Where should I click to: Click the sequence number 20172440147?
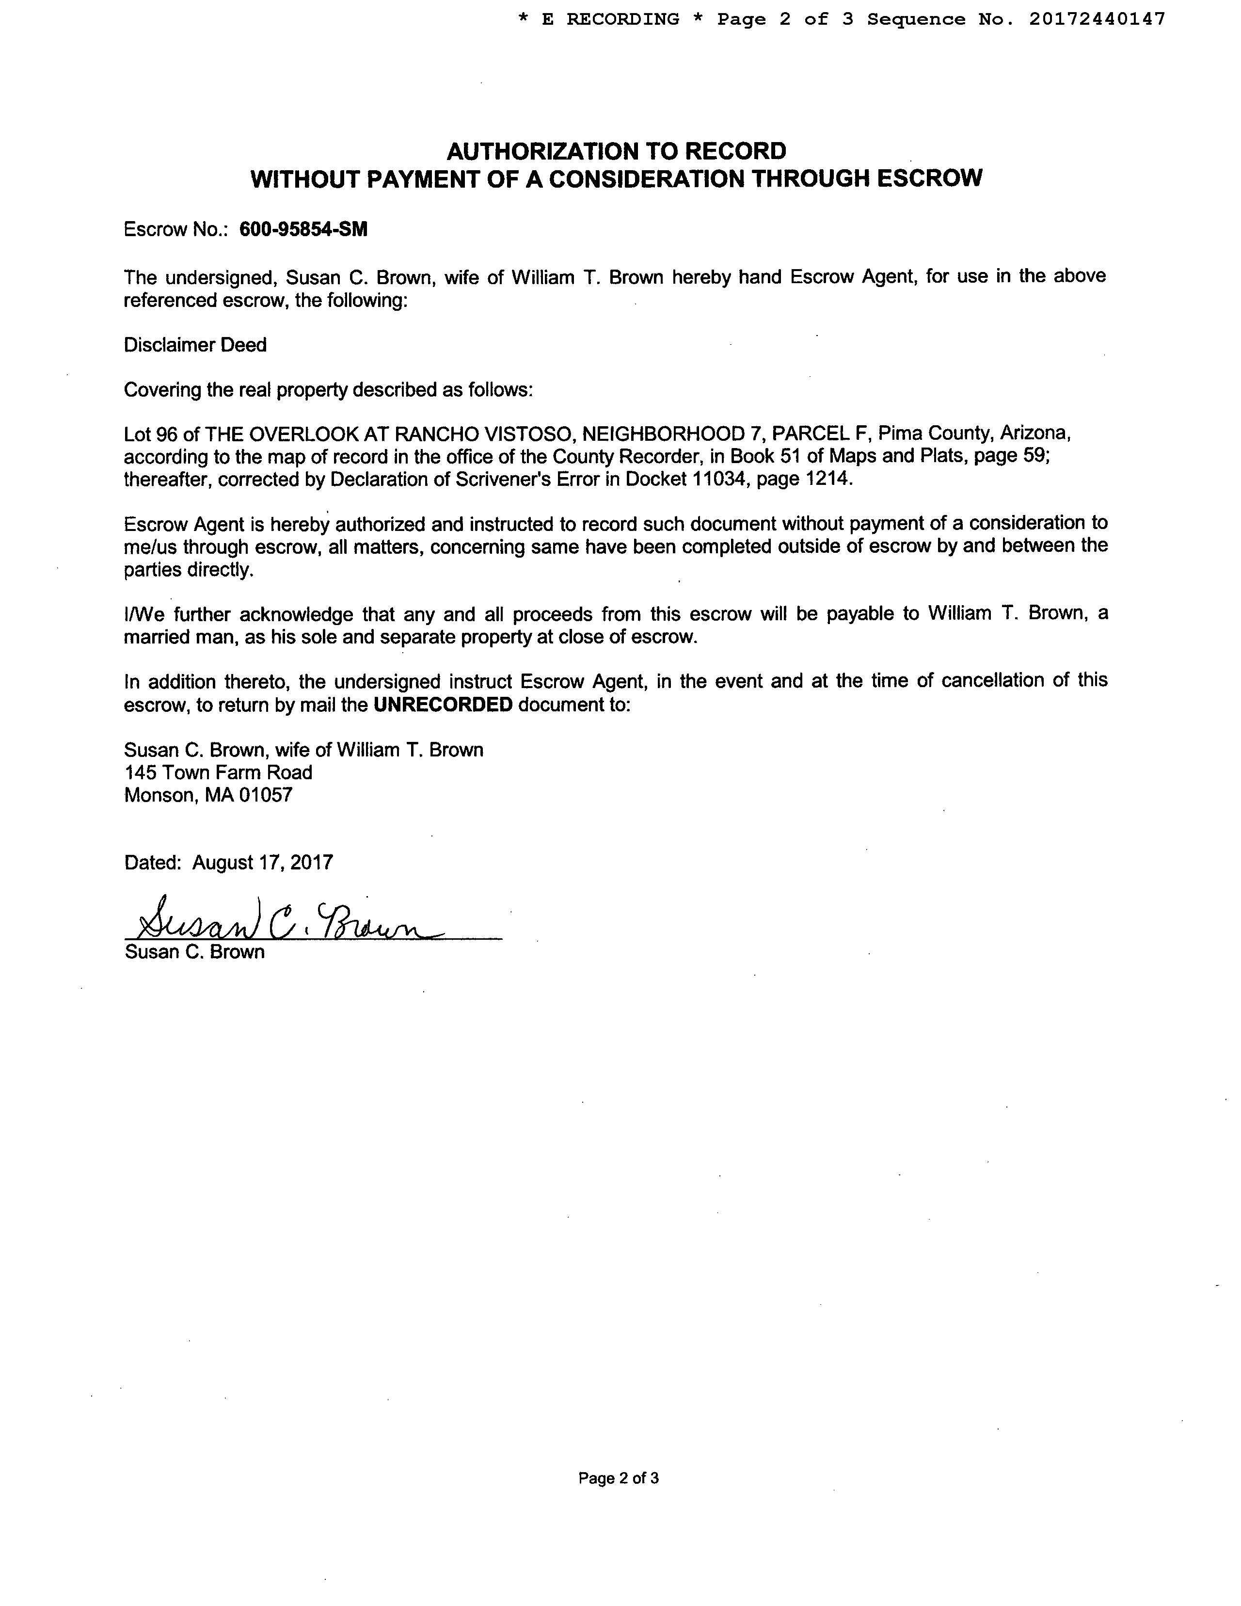tap(1097, 19)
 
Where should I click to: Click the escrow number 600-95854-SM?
tap(303, 229)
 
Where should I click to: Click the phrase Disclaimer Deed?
tap(195, 345)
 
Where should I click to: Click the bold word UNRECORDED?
tap(443, 705)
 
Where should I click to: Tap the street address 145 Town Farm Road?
tap(218, 772)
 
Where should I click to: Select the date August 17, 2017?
tap(262, 862)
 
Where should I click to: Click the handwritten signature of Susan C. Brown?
tap(286, 919)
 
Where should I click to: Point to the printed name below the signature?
tap(195, 952)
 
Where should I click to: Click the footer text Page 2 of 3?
tap(618, 1478)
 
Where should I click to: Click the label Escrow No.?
tap(176, 229)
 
